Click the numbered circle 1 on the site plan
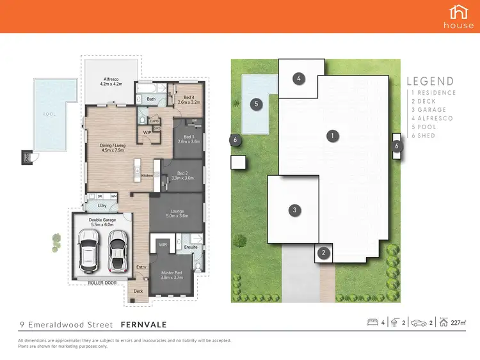332,136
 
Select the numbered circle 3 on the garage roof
294,210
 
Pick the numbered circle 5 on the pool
255,104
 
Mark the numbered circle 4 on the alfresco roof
298,79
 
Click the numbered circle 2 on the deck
324,253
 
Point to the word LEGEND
431,81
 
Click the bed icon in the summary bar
372,322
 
